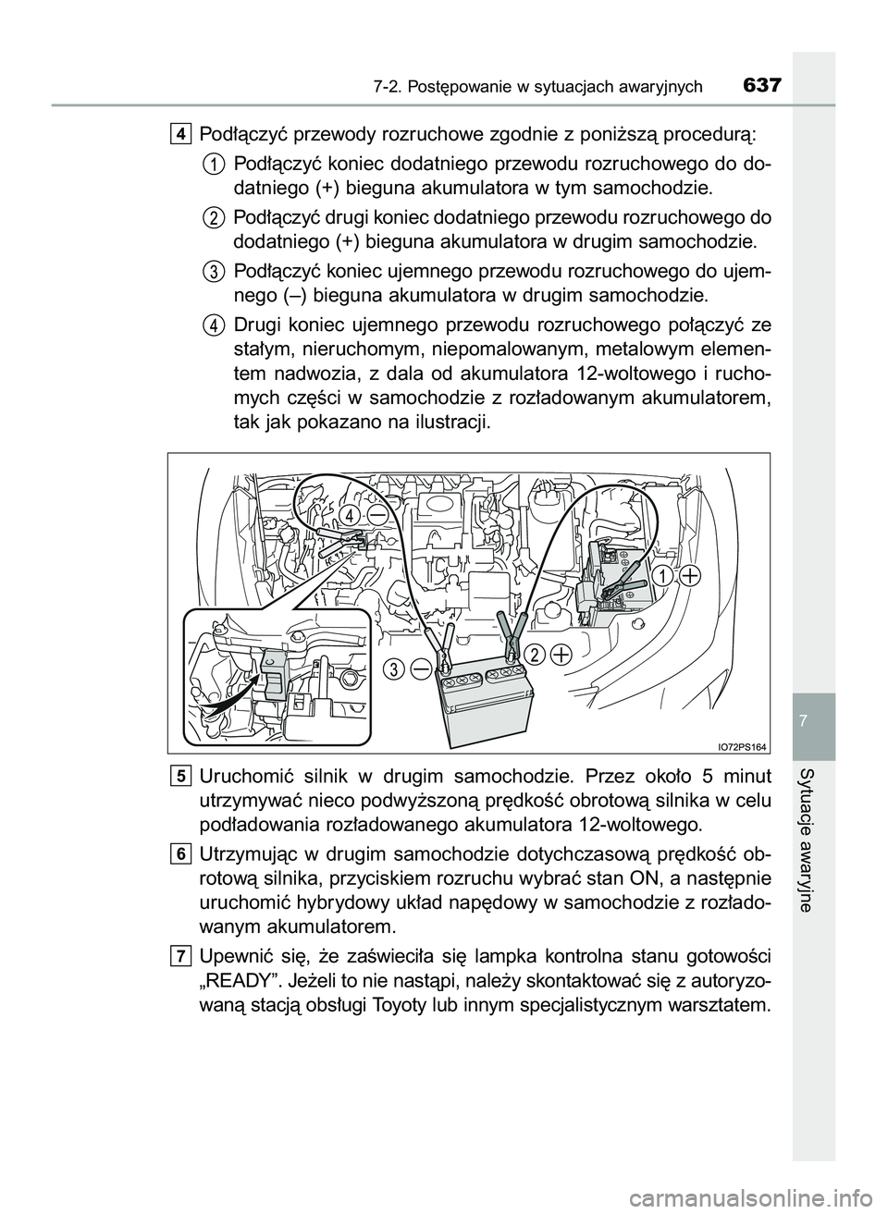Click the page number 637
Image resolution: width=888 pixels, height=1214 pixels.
(762, 86)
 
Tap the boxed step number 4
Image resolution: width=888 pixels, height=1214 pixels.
(180, 134)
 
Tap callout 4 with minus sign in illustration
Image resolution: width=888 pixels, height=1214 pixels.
(363, 514)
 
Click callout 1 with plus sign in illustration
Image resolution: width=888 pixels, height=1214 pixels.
(676, 576)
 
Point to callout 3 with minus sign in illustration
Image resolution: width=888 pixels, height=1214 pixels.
(410, 668)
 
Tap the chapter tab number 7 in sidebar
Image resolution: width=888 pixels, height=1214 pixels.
(813, 718)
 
